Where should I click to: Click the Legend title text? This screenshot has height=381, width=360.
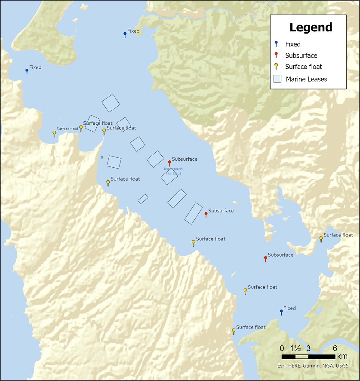(x=311, y=28)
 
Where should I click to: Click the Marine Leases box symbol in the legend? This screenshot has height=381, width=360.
(x=278, y=79)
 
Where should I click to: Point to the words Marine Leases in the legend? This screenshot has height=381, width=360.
(x=306, y=79)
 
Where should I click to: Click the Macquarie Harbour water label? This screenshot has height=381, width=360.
(x=170, y=171)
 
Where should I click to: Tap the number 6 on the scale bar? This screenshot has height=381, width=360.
(x=334, y=348)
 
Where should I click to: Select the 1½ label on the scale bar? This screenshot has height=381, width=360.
(x=295, y=348)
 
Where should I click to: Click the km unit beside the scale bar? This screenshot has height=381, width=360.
(x=342, y=356)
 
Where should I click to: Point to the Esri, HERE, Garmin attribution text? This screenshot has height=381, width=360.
(x=313, y=366)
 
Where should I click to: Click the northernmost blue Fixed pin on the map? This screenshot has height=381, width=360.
(x=125, y=34)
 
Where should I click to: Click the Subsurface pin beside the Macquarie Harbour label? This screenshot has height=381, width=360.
(x=169, y=163)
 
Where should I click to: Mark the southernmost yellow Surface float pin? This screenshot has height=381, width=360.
(x=234, y=331)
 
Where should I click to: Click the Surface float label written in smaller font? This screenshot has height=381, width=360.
(x=68, y=129)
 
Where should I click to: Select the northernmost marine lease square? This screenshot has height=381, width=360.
(x=111, y=103)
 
